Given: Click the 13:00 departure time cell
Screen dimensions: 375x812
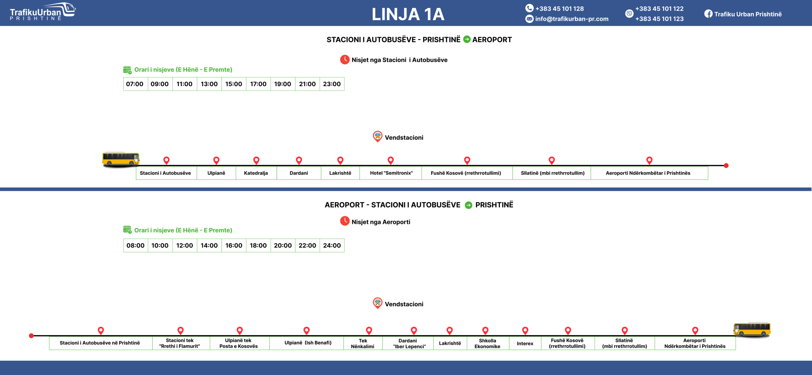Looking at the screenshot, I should click(209, 84).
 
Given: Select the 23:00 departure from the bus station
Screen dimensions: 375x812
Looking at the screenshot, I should click(332, 84).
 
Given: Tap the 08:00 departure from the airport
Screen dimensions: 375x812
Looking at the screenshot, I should click(135, 246).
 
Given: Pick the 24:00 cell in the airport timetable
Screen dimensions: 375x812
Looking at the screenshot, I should click(332, 246).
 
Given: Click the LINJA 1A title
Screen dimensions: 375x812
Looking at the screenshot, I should click(408, 14).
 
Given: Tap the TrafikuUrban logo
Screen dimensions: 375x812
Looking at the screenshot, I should click(43, 12).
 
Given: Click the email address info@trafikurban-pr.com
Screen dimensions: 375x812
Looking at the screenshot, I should click(572, 19).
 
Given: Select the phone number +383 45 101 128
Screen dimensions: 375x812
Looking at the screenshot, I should click(559, 9).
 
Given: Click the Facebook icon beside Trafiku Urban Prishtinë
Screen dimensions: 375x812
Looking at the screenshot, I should click(708, 14).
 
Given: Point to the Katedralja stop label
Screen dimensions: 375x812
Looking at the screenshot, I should click(256, 173).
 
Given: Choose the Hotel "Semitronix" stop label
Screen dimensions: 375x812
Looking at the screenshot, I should click(391, 173).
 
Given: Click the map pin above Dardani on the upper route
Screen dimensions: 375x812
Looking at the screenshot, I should click(299, 160).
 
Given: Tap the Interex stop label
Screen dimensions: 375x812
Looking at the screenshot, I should click(525, 343).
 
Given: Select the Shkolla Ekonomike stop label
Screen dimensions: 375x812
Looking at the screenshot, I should click(487, 343).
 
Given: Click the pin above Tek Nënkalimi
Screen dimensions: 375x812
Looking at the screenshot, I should click(369, 330).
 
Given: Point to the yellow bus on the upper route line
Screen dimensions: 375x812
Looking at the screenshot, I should click(121, 159).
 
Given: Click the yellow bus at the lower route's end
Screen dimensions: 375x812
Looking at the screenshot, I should click(752, 329).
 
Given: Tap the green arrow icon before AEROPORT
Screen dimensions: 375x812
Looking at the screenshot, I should click(467, 39).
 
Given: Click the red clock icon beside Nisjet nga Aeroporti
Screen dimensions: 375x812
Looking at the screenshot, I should click(344, 221).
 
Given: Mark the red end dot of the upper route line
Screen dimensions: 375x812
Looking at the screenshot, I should click(726, 166).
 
